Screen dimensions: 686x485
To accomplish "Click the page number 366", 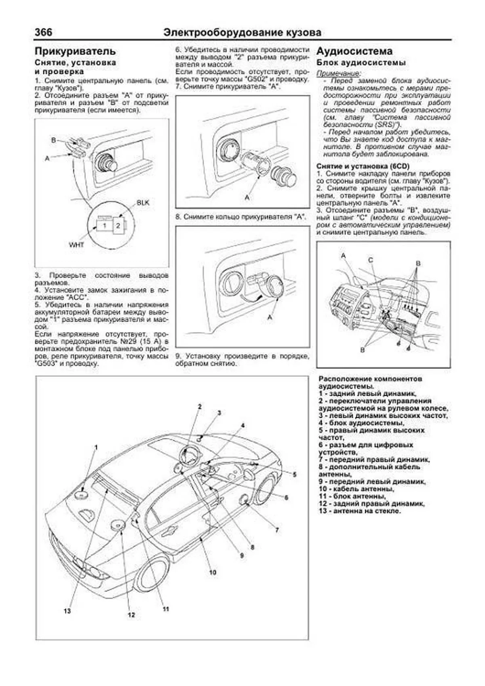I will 43,32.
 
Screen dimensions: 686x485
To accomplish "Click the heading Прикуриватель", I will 75,51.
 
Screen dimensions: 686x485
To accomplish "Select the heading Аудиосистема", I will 354,51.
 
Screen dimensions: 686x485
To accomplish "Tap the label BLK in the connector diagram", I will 143,203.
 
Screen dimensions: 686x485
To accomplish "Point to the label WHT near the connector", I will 76,245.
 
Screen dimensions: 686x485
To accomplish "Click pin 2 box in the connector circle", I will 118,226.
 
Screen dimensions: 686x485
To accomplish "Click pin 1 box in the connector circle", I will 104,226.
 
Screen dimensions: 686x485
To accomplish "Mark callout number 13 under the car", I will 67,610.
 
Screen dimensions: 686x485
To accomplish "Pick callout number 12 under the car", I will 131,615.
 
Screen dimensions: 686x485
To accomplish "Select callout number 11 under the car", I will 165,609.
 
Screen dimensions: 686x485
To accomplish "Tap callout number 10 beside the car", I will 213,572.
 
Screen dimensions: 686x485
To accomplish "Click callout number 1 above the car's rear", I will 96,447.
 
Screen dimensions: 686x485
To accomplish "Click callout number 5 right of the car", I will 295,475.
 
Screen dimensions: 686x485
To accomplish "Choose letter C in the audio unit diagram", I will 370,260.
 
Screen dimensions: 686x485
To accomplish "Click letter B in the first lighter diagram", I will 53,140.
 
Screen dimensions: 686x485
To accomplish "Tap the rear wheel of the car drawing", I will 152,573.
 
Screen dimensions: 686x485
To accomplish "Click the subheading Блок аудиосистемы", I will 361,63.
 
